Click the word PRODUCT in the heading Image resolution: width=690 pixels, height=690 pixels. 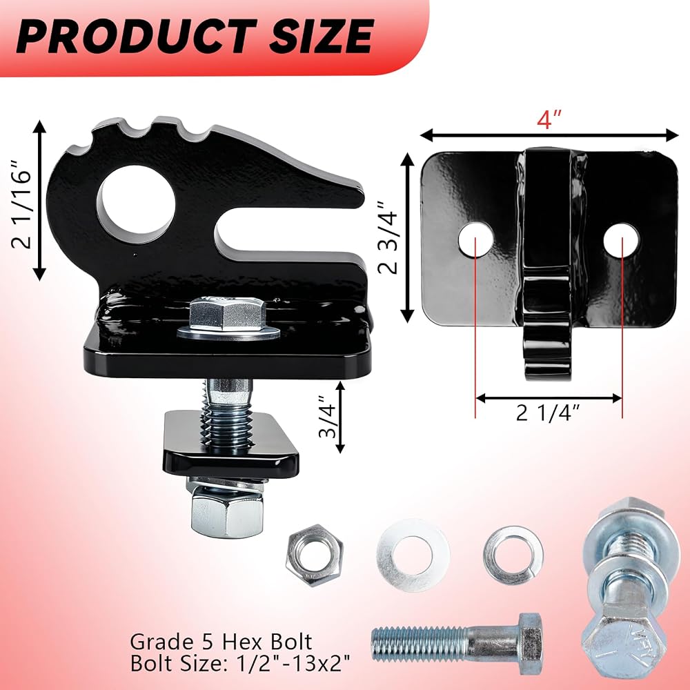pyautogui.click(x=136, y=36)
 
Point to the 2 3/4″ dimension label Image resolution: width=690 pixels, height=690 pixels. pyautogui.click(x=388, y=237)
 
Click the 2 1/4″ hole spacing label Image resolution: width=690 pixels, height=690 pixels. pyautogui.click(x=549, y=413)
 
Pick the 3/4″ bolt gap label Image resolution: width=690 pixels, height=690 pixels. pyautogui.click(x=327, y=417)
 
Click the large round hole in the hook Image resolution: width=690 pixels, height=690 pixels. pyautogui.click(x=136, y=205)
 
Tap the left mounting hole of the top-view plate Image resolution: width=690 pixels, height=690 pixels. pyautogui.click(x=475, y=240)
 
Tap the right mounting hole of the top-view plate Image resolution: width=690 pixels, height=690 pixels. pyautogui.click(x=622, y=240)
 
